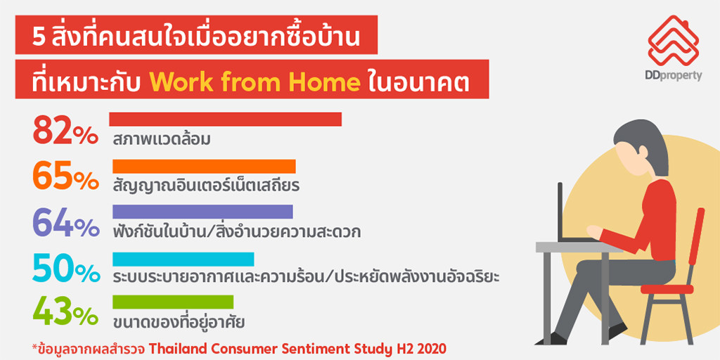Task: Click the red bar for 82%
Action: (226, 119)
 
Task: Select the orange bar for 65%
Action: (205, 166)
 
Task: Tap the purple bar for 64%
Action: (202, 212)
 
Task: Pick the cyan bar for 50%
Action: (184, 259)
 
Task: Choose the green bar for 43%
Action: (173, 302)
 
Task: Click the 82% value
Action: (65, 130)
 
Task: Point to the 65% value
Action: (65, 176)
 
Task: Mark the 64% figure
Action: (65, 223)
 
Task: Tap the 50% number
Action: (65, 269)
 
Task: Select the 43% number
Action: (65, 311)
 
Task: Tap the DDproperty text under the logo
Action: (673, 76)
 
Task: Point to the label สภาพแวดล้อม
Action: (162, 139)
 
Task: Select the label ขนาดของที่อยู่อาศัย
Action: (179, 321)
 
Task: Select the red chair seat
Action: (667, 289)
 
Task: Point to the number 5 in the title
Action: (37, 38)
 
